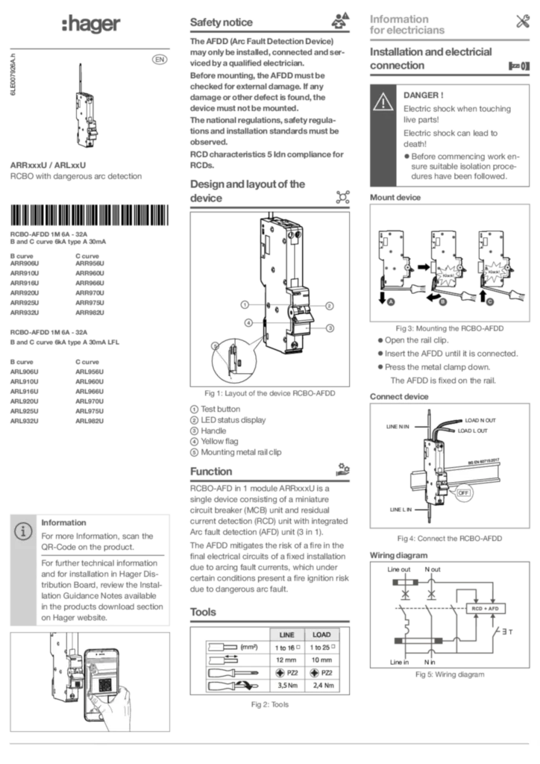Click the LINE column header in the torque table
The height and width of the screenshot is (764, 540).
pos(286,635)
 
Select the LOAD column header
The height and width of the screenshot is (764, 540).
pos(321,635)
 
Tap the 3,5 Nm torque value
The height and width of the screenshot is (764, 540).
pos(286,685)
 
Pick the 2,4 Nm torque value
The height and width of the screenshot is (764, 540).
pos(323,685)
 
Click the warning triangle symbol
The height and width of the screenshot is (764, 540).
pos(383,102)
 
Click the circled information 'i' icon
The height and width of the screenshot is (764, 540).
pos(24,531)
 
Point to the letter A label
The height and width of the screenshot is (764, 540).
pos(390,301)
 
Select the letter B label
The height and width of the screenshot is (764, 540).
pos(442,301)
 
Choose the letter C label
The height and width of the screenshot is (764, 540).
pos(490,301)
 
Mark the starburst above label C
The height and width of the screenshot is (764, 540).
pos(493,272)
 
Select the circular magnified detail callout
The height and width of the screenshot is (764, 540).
pos(233,360)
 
